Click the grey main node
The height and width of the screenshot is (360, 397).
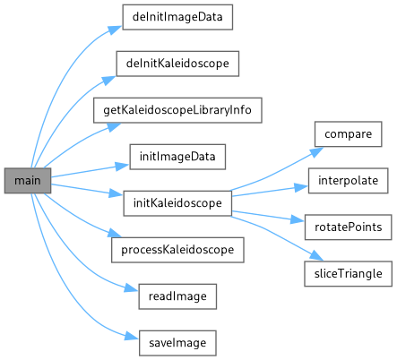pyautogui.click(x=28, y=180)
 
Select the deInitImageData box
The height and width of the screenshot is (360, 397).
pyautogui.click(x=177, y=17)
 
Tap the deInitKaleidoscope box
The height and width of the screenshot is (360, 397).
pyautogui.click(x=177, y=64)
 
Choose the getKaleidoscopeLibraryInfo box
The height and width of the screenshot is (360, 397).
pyautogui.click(x=177, y=110)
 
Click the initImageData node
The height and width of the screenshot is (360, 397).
pyautogui.click(x=177, y=157)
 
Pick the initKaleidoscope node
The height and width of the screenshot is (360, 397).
pyautogui.click(x=177, y=203)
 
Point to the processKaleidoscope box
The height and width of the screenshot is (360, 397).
pyautogui.click(x=177, y=250)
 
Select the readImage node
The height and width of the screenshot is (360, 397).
pyautogui.click(x=177, y=296)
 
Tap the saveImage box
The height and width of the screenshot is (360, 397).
pyautogui.click(x=177, y=343)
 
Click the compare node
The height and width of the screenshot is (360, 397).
pyautogui.click(x=348, y=134)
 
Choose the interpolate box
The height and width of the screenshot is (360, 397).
pyautogui.click(x=348, y=181)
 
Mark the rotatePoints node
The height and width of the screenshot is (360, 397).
pyautogui.click(x=348, y=227)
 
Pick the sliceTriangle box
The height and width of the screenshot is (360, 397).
pyautogui.click(x=348, y=274)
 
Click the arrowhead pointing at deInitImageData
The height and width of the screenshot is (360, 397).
pyautogui.click(x=116, y=30)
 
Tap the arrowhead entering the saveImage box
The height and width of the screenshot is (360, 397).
pyautogui.click(x=132, y=337)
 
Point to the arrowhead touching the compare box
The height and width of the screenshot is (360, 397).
pyautogui.click(x=316, y=151)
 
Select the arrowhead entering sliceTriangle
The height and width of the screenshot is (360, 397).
pyautogui.click(x=316, y=256)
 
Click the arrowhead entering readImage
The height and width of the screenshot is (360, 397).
pyautogui.click(x=132, y=287)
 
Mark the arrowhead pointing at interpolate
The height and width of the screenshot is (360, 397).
pyautogui.click(x=301, y=187)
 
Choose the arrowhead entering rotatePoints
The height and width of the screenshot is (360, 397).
pyautogui.click(x=298, y=220)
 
